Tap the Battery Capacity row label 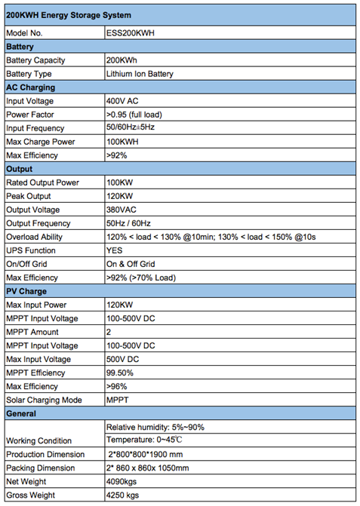click(35, 60)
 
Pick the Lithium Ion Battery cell click(140, 74)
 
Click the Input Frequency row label click(35, 128)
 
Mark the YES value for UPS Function click(115, 250)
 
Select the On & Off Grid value click(131, 264)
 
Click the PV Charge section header click(26, 291)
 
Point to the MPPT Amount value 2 click(109, 332)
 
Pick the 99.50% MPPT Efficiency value click(120, 373)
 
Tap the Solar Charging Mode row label click(44, 400)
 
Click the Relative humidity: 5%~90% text click(155, 427)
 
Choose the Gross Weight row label click(31, 495)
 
